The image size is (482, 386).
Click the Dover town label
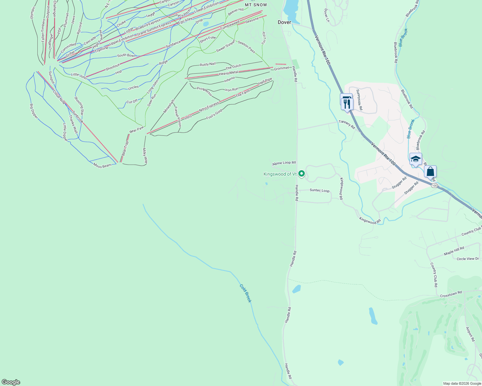click(x=284, y=22)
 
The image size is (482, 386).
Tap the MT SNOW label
click(x=256, y=5)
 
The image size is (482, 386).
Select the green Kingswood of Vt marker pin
click(x=302, y=174)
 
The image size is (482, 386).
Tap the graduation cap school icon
click(x=416, y=159)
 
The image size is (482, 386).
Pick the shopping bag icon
click(x=430, y=172)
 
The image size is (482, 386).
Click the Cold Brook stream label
click(x=245, y=293)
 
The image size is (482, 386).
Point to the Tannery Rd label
click(x=347, y=125)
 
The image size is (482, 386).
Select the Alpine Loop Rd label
click(x=284, y=163)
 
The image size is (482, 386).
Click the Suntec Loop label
click(x=320, y=190)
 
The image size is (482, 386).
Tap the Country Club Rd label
click(x=434, y=275)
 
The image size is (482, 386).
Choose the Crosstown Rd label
click(x=451, y=294)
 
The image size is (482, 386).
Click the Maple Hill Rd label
click(x=454, y=251)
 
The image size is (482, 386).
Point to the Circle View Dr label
click(x=468, y=259)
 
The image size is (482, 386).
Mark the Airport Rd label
click(x=470, y=334)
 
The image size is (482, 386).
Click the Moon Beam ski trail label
click(x=102, y=166)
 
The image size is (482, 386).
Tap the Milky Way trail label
click(x=145, y=156)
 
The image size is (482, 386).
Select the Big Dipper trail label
click(x=34, y=111)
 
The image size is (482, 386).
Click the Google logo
click(x=11, y=382)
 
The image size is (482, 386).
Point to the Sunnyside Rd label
click(x=359, y=100)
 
